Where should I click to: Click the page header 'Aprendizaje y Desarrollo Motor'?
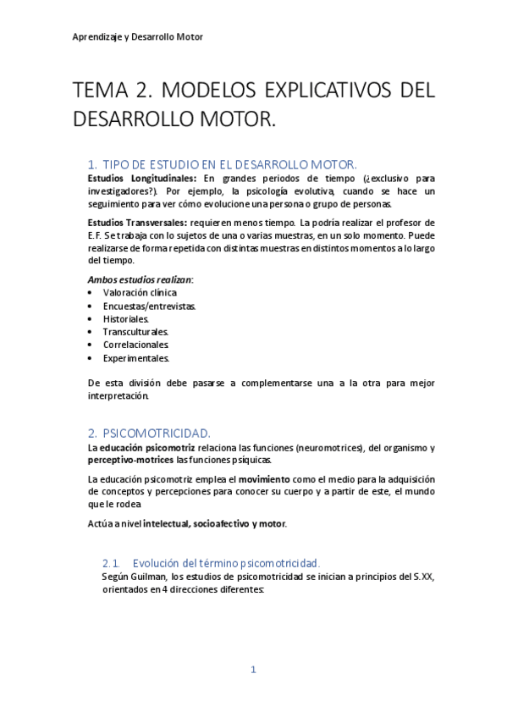tap(137, 37)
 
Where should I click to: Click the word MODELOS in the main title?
tap(210, 90)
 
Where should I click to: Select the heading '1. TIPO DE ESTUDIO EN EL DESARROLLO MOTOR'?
tap(223, 164)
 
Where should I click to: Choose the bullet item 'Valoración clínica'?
tap(140, 292)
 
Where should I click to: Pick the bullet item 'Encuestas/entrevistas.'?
tap(149, 306)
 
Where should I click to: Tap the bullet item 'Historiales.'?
tap(126, 319)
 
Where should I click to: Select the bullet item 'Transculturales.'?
tap(135, 332)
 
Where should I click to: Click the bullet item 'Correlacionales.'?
tap(135, 345)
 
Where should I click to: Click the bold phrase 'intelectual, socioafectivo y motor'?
tap(214, 523)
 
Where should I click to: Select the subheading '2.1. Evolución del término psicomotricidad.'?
tap(211, 563)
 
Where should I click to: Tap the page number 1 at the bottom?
tap(252, 670)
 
